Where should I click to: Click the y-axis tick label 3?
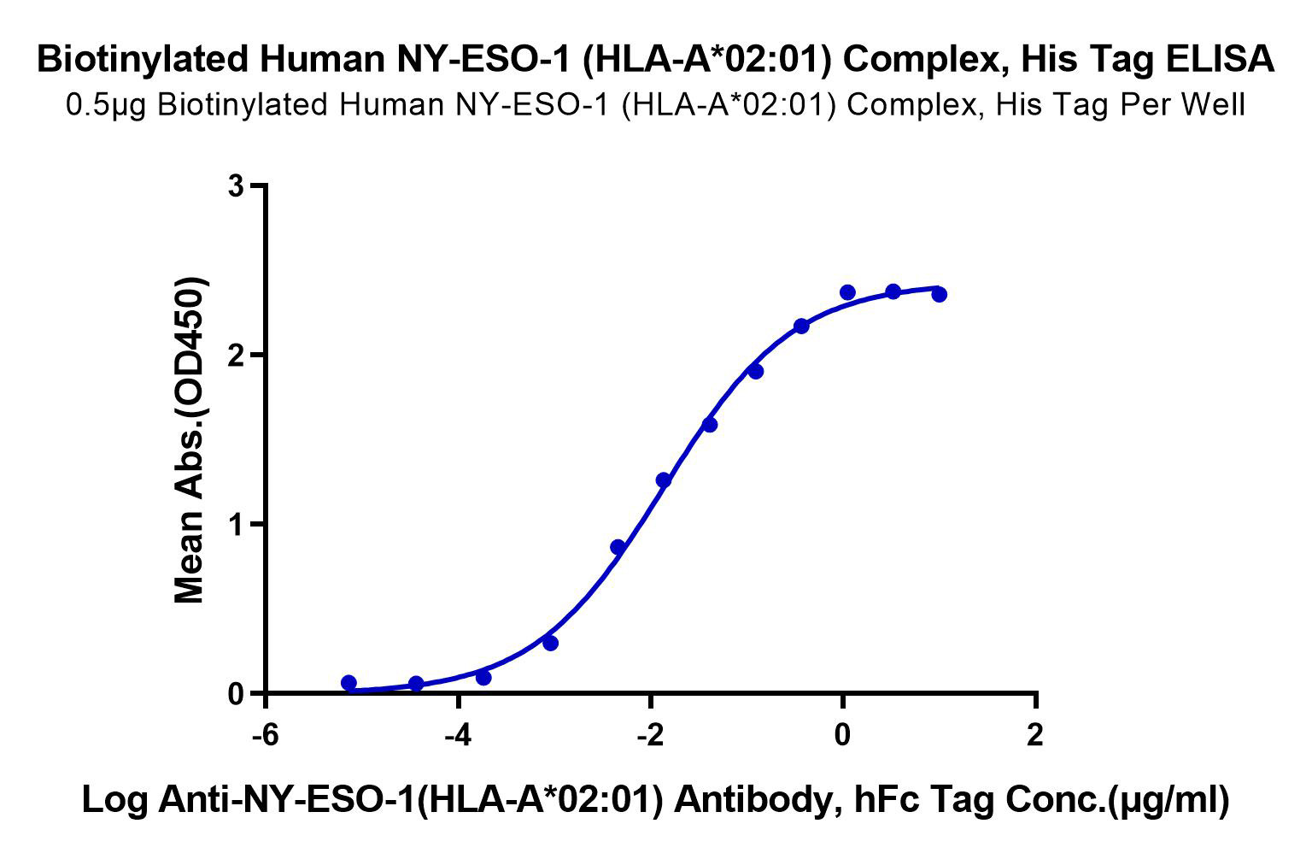click(x=237, y=185)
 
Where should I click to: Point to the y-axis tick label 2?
click(x=237, y=355)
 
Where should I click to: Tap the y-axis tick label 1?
click(x=237, y=524)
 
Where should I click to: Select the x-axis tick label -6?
click(x=266, y=734)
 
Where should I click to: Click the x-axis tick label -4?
click(x=458, y=734)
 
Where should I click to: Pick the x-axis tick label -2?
click(x=650, y=734)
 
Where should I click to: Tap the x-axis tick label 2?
click(x=1035, y=734)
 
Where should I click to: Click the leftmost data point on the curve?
click(x=348, y=683)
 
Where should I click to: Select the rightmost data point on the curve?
click(x=939, y=294)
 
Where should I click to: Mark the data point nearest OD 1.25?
click(x=664, y=480)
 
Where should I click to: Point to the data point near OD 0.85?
click(x=618, y=547)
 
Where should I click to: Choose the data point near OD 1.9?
click(x=756, y=371)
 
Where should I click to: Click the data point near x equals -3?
click(x=550, y=643)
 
